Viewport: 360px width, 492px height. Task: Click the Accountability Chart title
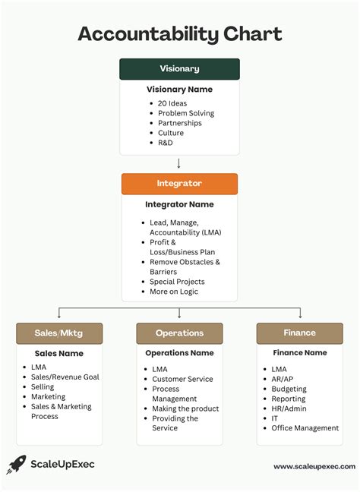180,34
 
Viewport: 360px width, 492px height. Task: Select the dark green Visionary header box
179,69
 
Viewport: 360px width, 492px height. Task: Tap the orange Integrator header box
179,184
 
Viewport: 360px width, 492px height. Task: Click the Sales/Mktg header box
59,333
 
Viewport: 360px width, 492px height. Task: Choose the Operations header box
179,333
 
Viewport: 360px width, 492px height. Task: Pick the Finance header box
300,333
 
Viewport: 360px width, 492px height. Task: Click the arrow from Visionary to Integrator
179,163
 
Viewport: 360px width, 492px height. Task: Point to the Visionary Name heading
179,90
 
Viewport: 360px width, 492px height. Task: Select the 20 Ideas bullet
172,103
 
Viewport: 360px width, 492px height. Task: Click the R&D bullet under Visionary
166,143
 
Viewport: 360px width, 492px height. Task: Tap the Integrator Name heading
179,204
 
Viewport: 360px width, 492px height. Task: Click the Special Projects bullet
177,282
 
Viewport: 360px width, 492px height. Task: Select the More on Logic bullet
174,292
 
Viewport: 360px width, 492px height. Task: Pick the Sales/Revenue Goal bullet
65,377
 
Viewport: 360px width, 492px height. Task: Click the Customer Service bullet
182,379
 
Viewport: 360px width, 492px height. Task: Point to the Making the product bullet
185,408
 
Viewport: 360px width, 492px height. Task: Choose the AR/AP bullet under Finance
283,379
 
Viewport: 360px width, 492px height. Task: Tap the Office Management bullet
305,428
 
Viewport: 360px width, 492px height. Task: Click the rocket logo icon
16,464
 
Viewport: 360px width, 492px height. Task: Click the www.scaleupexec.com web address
314,467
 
